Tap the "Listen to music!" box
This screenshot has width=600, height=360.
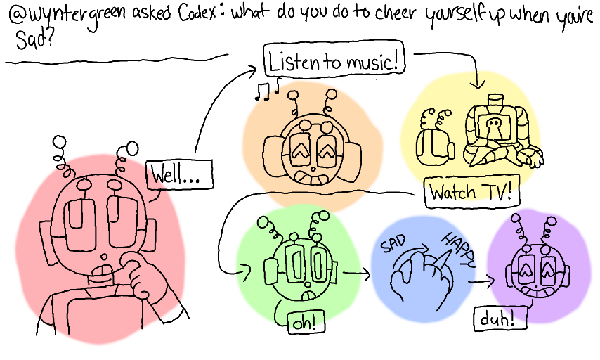coord(334,62)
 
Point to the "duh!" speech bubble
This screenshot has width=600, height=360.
coord(499,319)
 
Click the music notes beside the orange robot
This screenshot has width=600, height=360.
coord(267,90)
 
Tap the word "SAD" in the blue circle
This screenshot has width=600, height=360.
coord(394,246)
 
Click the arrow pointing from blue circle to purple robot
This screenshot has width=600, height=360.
coord(481,282)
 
